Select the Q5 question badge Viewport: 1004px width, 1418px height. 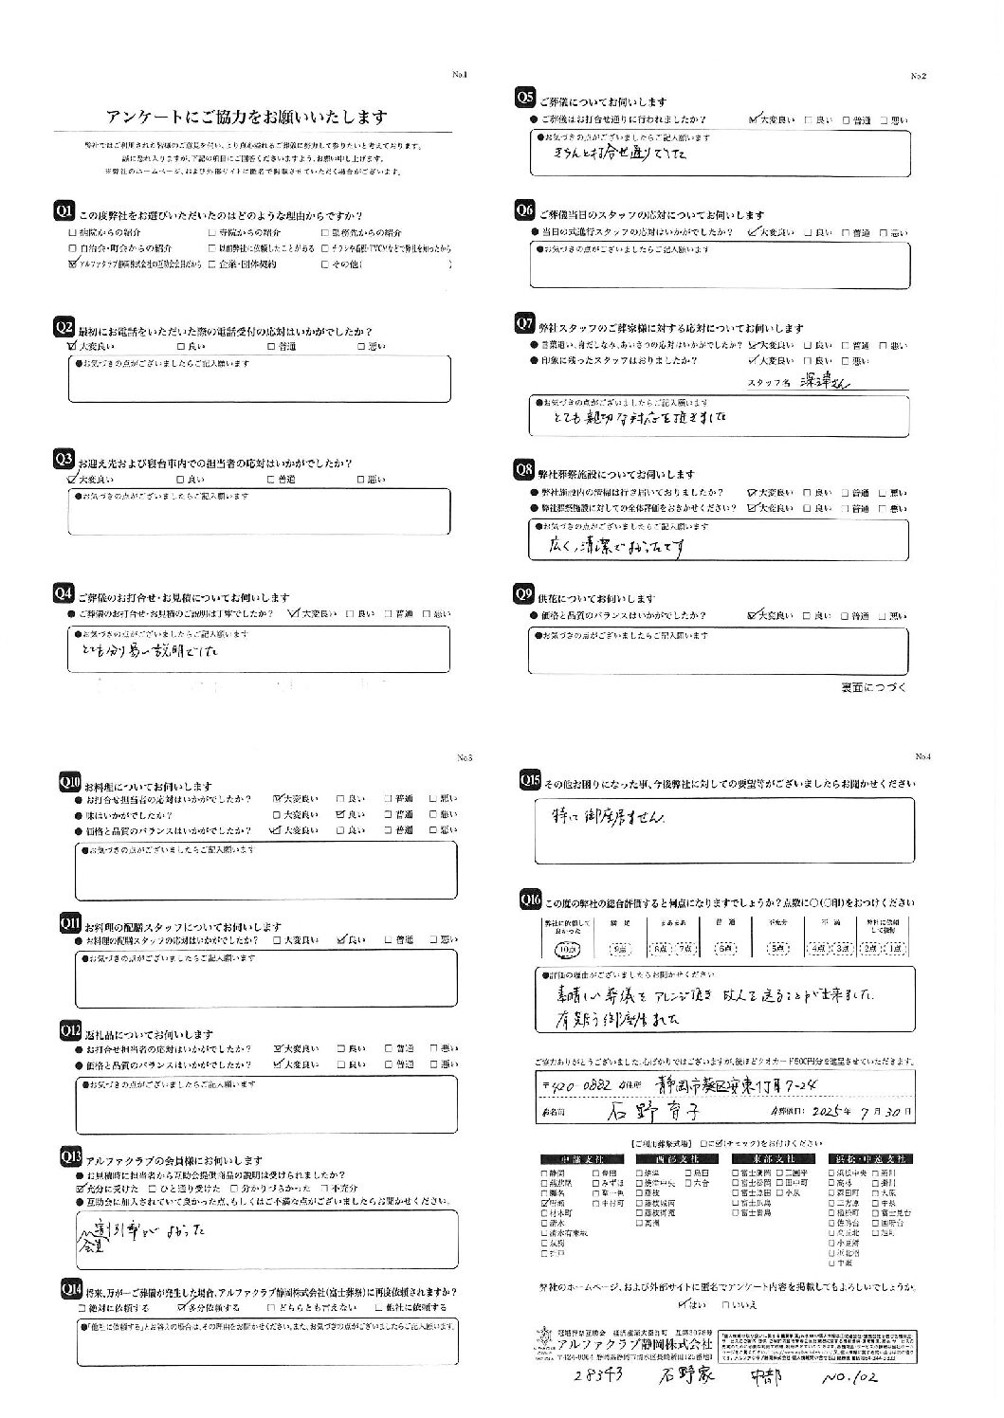tap(524, 98)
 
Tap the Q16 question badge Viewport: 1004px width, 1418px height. tap(529, 899)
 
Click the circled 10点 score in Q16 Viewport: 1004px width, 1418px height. tap(566, 949)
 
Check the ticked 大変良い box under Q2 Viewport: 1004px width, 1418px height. tap(74, 347)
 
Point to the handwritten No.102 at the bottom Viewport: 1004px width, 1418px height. tap(849, 1376)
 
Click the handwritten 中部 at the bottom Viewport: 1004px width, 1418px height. tap(766, 1376)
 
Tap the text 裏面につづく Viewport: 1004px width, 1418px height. tap(872, 687)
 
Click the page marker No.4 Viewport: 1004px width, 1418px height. tap(922, 756)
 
